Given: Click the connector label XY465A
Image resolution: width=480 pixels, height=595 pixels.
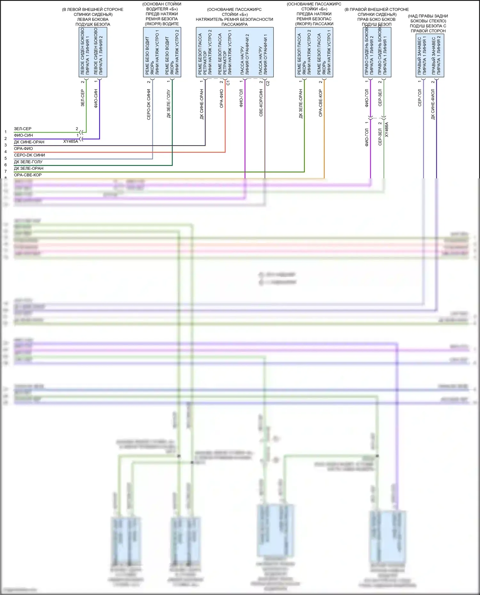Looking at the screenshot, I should tap(70, 141).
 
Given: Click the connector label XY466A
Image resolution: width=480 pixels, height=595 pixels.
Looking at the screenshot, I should tap(387, 129).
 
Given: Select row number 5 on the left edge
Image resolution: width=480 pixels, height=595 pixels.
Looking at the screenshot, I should tap(5, 158).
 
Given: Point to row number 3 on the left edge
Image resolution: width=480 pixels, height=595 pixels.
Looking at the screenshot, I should tap(5, 145).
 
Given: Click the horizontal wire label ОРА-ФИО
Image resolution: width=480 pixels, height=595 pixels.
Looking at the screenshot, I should tap(23, 149).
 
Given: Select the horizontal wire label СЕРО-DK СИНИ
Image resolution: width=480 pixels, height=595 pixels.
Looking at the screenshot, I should tap(29, 155).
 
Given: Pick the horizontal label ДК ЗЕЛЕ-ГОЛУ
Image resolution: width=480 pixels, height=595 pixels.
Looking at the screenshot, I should tap(28, 162).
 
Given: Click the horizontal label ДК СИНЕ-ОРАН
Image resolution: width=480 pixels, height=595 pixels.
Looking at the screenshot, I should tap(29, 142).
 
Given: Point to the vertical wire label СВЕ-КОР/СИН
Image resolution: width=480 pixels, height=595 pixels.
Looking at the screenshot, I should tap(261, 103).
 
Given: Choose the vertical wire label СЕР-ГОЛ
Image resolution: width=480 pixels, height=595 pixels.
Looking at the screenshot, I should tap(420, 98).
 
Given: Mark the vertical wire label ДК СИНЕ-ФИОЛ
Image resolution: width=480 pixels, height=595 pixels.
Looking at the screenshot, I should tap(433, 104).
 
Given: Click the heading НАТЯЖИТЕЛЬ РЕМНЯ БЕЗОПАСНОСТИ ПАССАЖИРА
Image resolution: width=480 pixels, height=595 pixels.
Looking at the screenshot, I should tap(235, 22).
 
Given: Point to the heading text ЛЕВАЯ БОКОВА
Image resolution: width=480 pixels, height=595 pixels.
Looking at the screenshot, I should tap(93, 20).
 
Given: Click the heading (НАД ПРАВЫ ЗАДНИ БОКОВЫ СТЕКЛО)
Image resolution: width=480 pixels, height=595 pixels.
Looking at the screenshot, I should tap(428, 19).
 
